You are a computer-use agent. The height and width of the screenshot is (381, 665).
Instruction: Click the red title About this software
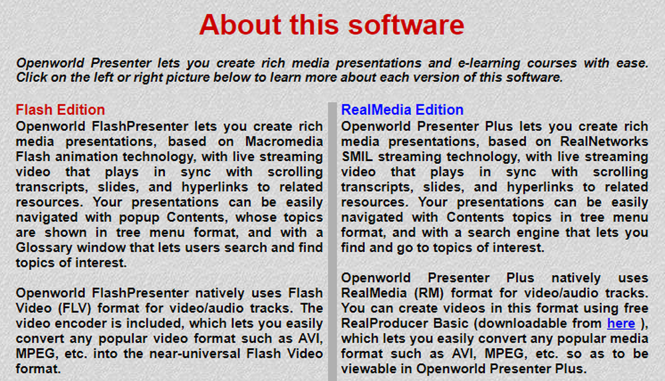(x=332, y=25)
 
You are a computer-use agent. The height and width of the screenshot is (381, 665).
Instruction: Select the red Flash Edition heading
(x=61, y=110)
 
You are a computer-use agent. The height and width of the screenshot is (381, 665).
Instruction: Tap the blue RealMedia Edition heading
(x=402, y=110)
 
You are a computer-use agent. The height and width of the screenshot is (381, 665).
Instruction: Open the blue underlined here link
(x=621, y=323)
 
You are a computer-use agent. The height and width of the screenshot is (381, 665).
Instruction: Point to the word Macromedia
(x=284, y=141)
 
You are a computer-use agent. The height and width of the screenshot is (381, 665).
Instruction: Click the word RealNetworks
(x=604, y=141)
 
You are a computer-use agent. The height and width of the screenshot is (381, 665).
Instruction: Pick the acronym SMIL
(x=357, y=156)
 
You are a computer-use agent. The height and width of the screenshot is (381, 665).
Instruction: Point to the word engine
(x=534, y=233)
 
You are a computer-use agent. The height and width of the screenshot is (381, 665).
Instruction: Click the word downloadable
(x=522, y=323)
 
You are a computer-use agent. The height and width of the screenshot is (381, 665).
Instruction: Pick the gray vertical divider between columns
(x=332, y=241)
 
